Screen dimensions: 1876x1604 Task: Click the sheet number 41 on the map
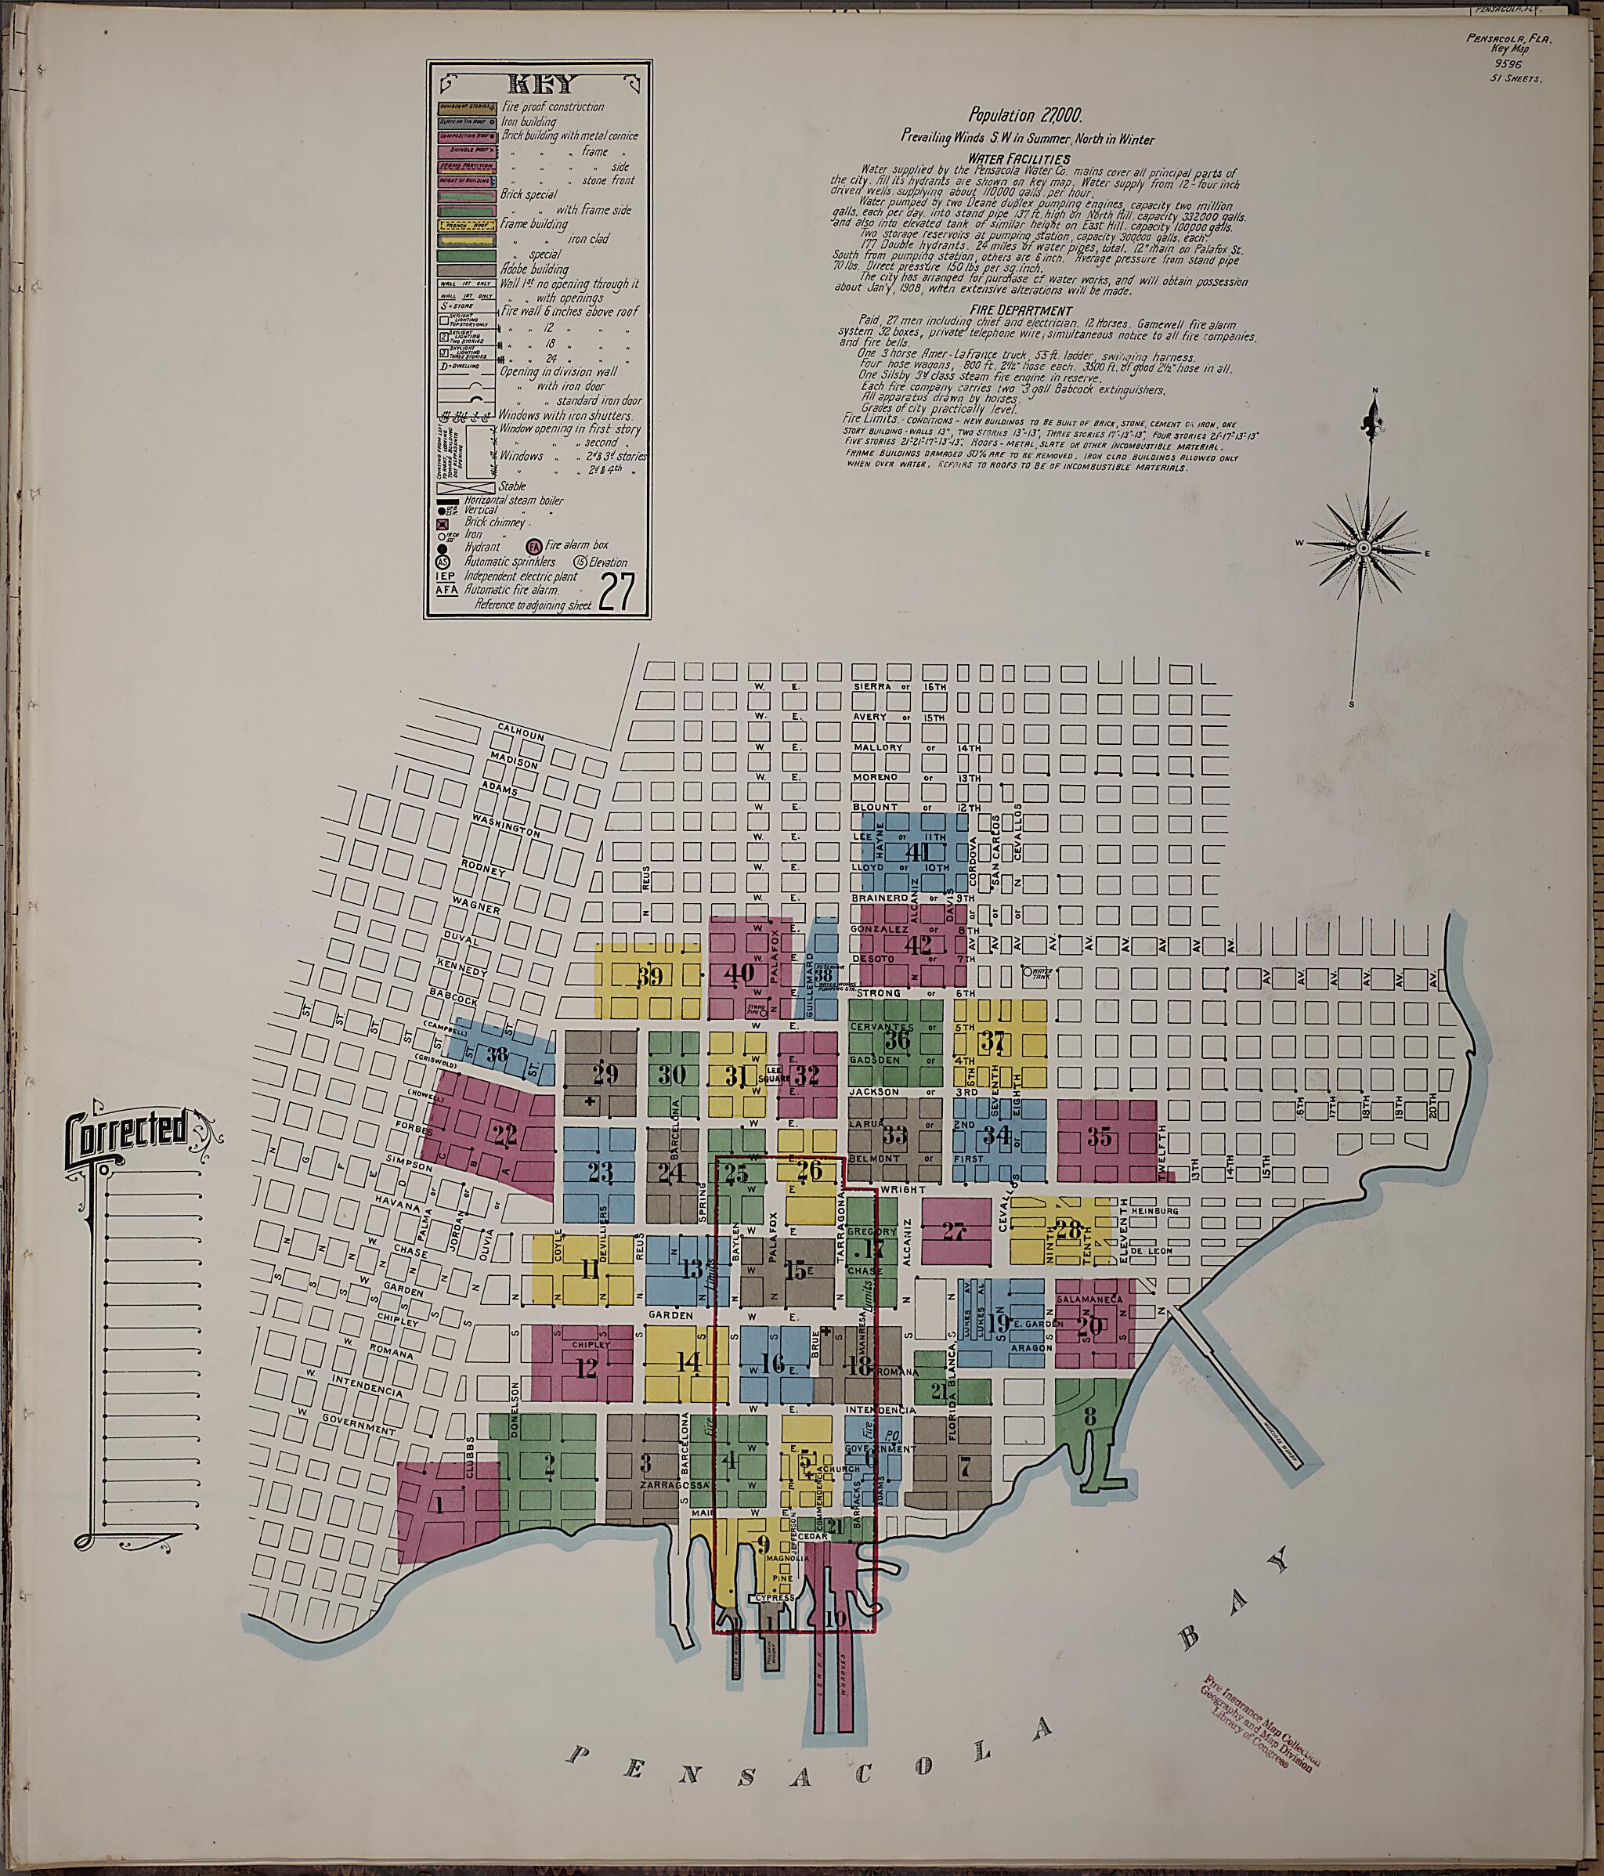(918, 852)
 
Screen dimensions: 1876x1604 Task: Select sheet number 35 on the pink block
(1100, 1137)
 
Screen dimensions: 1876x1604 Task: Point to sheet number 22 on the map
(505, 1131)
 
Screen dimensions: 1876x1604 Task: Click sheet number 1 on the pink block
(441, 1505)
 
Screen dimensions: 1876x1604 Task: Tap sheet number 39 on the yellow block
(649, 976)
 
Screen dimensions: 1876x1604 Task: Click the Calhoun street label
(521, 731)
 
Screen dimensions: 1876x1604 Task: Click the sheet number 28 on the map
(1068, 1230)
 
